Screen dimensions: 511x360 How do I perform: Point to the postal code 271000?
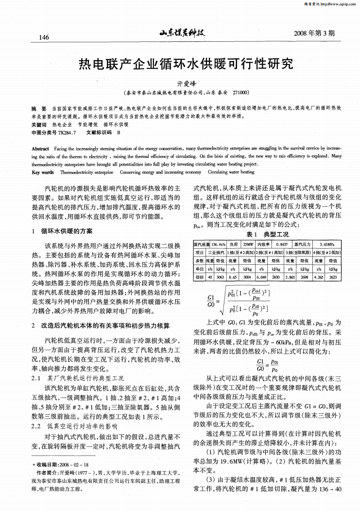(x=240, y=92)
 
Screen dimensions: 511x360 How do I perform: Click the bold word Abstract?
(x=39, y=149)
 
